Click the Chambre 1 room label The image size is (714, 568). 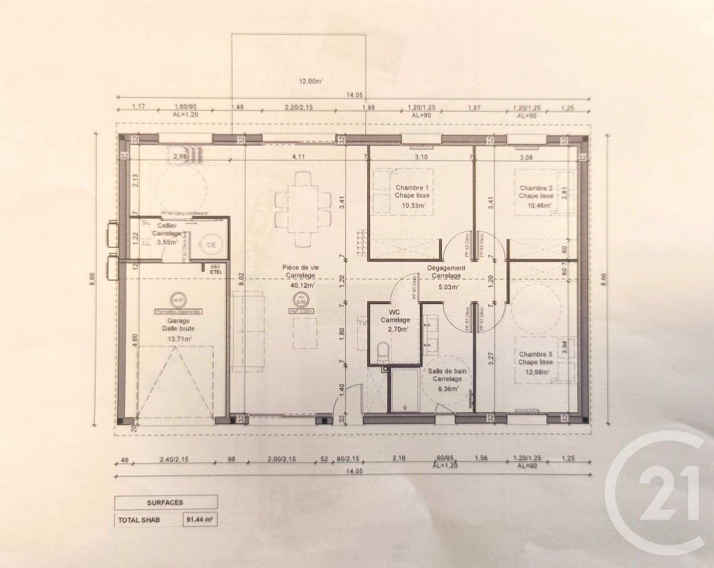[411, 188]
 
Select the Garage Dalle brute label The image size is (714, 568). [178, 325]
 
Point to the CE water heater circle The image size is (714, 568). [211, 245]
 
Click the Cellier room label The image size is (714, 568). [166, 226]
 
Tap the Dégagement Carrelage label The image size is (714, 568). [446, 272]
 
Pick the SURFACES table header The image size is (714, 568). [165, 502]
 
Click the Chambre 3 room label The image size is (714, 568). [535, 354]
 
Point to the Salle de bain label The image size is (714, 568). [447, 371]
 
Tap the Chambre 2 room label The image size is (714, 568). [536, 188]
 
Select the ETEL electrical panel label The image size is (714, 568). [216, 272]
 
